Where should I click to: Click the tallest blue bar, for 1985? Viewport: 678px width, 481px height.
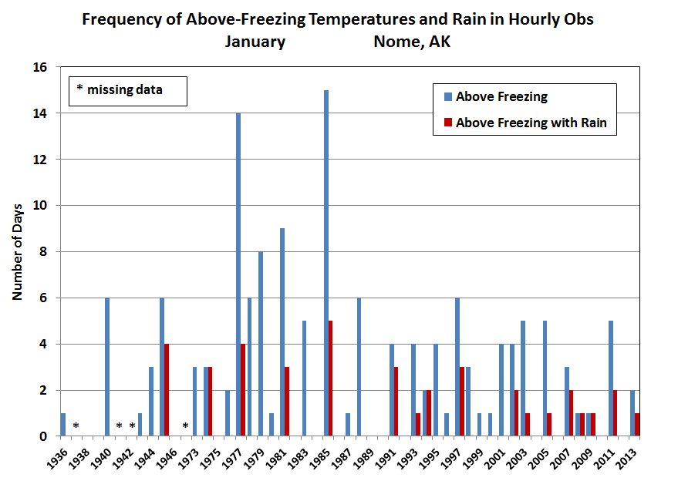pos(326,263)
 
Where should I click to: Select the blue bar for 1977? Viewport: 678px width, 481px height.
pos(238,274)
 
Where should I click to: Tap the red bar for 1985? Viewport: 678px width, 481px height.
pos(331,378)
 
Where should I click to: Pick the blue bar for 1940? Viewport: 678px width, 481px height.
pos(107,367)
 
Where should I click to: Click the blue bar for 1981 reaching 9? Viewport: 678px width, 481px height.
pos(282,332)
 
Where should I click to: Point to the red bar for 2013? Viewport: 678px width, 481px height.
pos(637,425)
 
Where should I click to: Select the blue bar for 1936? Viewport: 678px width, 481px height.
pos(63,425)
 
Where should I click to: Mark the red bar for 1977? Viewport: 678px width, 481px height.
pos(243,390)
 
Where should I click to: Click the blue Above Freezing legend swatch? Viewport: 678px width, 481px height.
pos(447,97)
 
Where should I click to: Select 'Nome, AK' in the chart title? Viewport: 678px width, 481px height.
pos(412,42)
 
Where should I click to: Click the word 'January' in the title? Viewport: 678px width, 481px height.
pos(255,42)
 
